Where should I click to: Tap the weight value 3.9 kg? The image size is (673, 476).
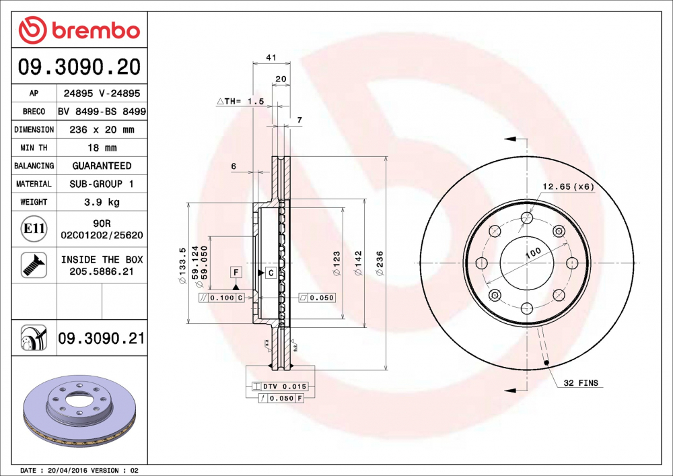102,202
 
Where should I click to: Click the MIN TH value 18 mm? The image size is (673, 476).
102,147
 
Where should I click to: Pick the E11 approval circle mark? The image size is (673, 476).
34,230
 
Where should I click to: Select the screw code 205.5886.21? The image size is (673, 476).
102,271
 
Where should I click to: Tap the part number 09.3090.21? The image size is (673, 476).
102,339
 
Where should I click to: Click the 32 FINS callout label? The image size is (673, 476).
581,383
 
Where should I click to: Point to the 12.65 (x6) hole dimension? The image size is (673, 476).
569,187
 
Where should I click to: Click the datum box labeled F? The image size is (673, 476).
236,273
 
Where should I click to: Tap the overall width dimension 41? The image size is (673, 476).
271,59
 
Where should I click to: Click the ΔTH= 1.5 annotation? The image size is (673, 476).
240,101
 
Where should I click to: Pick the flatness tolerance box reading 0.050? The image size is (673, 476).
316,298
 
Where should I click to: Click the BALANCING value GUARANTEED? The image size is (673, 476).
102,166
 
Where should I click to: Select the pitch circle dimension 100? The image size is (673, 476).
533,254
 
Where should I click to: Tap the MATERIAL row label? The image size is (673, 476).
34,184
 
